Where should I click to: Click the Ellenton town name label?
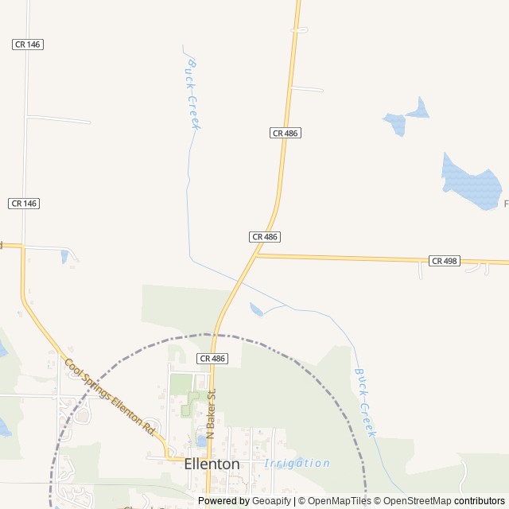coord(212,463)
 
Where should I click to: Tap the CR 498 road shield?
coord(445,261)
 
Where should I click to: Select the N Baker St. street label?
coord(211,414)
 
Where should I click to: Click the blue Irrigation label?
coord(297,463)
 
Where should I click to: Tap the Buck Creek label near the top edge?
coord(192,93)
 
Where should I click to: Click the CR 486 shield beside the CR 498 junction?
coord(265,237)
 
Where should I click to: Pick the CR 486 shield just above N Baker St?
coord(213,359)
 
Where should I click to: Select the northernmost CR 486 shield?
coord(286,133)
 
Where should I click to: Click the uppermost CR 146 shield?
coord(27,45)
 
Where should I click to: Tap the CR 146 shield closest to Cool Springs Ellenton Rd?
coord(24,204)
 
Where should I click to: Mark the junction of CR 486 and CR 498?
coord(256,254)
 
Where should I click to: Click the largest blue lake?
coord(470,183)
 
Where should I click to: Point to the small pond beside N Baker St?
coord(200,440)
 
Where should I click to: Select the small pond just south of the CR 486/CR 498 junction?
coord(256,309)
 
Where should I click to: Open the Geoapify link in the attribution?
coord(272,501)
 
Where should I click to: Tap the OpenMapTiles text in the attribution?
coord(339,501)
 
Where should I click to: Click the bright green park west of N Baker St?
coord(182,384)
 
